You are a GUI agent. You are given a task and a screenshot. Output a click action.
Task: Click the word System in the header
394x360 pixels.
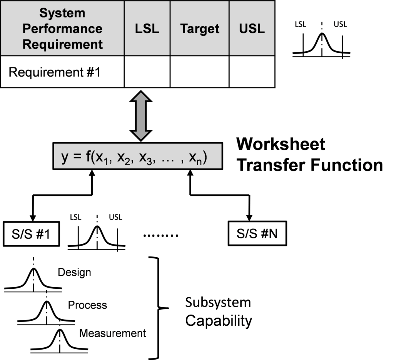click(62, 13)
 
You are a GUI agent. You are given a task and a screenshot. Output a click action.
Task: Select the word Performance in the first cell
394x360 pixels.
click(62, 28)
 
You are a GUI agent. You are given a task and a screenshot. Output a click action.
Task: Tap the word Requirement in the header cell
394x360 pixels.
click(62, 44)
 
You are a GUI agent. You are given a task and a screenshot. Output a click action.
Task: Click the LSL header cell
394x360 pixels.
click(147, 28)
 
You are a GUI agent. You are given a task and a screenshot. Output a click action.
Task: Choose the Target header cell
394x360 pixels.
click(200, 28)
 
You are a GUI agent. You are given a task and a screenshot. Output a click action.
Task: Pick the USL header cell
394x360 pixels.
click(252, 28)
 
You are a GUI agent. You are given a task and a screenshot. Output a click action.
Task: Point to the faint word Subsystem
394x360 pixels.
click(217, 303)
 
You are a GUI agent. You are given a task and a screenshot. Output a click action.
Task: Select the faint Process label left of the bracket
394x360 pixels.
click(89, 306)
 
